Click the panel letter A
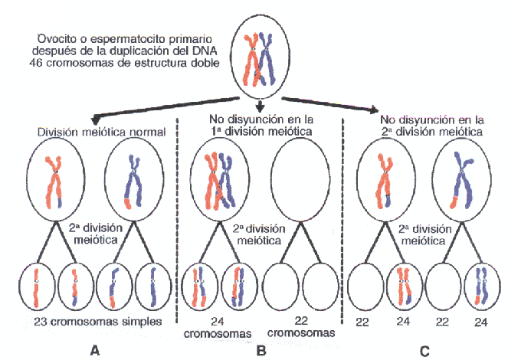(95, 350)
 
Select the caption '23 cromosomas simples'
(94, 322)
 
